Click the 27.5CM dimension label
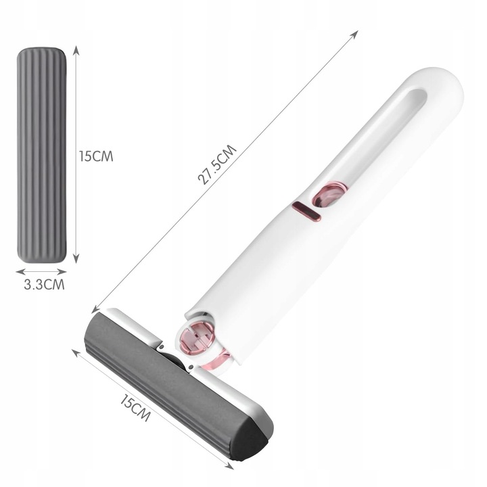(217, 164)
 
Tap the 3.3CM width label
(45, 285)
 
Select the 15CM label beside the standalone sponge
(96, 156)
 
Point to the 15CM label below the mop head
(135, 407)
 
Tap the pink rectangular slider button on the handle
(306, 212)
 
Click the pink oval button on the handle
(330, 195)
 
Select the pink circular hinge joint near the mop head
(198, 339)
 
